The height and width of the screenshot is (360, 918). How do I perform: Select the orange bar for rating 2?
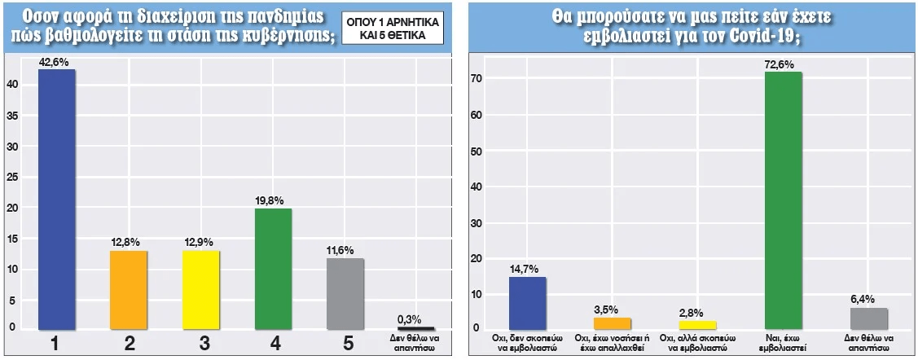[x=130, y=290]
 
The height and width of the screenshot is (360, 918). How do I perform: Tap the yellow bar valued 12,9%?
[x=200, y=290]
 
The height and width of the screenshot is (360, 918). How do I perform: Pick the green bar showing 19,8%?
[x=273, y=269]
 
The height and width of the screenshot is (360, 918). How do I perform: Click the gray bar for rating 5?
[x=345, y=293]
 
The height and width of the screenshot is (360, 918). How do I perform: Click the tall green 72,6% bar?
[x=784, y=200]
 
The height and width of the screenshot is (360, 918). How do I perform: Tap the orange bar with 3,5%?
[x=612, y=323]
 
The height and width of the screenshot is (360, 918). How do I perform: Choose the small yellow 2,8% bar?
[x=697, y=325]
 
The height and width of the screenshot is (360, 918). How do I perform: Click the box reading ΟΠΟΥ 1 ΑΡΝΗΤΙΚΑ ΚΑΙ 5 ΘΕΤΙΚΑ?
[x=391, y=29]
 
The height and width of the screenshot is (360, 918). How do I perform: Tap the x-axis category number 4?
[x=273, y=345]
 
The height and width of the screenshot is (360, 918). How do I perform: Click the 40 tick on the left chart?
[x=11, y=83]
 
